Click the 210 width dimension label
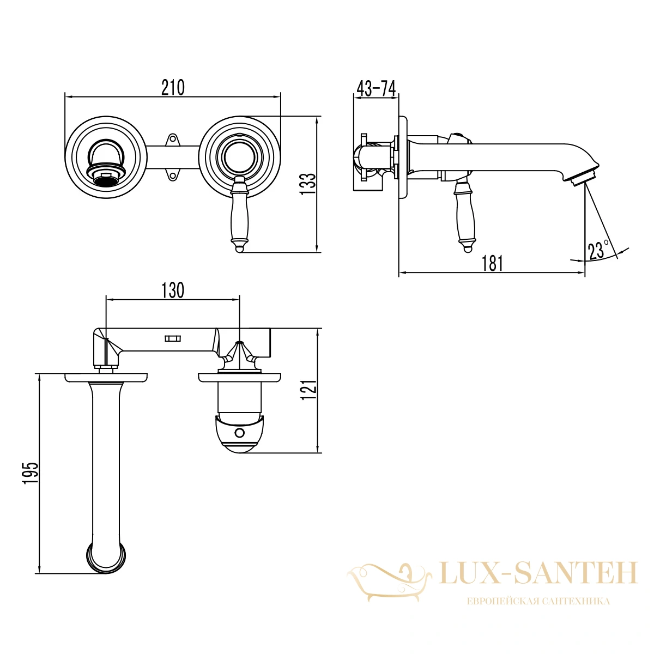coord(173,88)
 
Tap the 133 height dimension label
coord(308,184)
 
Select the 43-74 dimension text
coord(376,89)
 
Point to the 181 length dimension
coord(493,263)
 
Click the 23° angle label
coord(598,250)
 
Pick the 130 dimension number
coord(172,290)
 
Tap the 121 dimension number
coord(309,390)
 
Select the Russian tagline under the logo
coord(538,601)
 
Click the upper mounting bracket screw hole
coord(173,138)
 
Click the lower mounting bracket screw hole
coord(173,176)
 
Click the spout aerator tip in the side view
coord(584,178)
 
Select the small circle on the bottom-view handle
coord(239,432)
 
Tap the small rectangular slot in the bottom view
coord(173,338)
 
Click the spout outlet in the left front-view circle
coord(106,175)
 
